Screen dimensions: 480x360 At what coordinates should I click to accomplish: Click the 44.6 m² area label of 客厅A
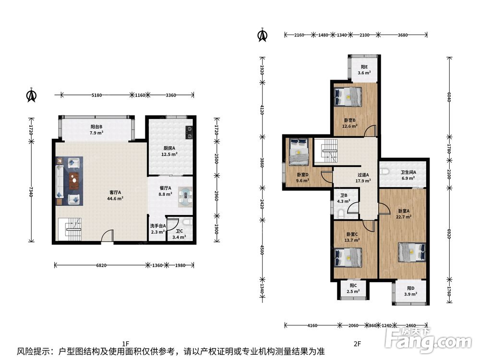click(x=115, y=199)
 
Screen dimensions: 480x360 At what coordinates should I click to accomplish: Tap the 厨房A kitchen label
click(x=169, y=148)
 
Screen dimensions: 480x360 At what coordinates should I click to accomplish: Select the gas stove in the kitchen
click(x=189, y=132)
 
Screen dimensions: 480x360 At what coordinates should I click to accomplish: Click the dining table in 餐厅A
click(x=185, y=196)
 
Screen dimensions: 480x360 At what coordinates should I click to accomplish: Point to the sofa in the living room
click(x=60, y=181)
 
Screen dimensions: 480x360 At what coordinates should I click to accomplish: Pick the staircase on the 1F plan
click(x=70, y=229)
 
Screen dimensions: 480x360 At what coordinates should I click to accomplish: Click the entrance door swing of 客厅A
click(x=108, y=236)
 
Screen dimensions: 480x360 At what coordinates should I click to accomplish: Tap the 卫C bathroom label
click(x=180, y=231)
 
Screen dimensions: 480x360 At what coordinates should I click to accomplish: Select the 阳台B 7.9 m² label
click(x=96, y=130)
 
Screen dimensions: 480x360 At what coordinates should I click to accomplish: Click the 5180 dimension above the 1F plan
click(x=97, y=95)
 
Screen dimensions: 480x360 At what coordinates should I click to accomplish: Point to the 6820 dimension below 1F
click(x=101, y=265)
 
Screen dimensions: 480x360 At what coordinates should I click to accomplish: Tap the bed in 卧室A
click(x=412, y=252)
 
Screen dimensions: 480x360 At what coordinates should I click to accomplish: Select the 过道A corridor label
click(x=363, y=175)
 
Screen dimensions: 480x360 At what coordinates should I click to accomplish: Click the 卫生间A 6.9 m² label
click(x=408, y=175)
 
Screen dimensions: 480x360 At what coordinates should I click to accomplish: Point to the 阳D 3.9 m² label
click(x=410, y=291)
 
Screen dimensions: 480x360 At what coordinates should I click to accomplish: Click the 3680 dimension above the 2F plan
click(x=403, y=35)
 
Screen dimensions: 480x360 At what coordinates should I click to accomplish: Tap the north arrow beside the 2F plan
click(x=263, y=35)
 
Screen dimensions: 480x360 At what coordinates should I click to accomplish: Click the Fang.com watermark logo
click(x=428, y=339)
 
